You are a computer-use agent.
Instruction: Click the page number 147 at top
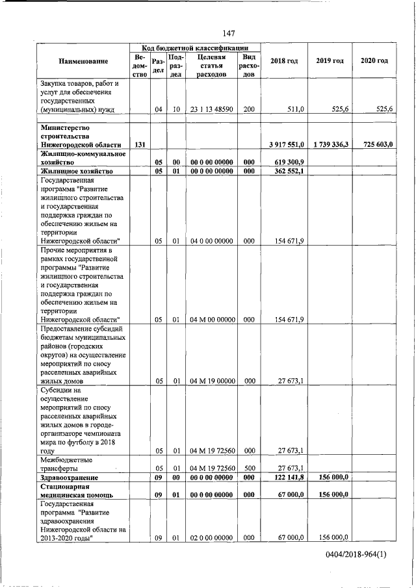click(228, 33)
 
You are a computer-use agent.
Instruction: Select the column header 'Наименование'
click(83, 61)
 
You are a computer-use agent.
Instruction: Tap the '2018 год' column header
click(283, 60)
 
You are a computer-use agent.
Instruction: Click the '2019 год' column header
click(330, 60)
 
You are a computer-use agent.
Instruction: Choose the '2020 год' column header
click(374, 60)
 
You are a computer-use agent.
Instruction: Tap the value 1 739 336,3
click(328, 144)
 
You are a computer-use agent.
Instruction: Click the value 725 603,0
click(373, 144)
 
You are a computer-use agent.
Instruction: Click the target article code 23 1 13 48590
click(212, 110)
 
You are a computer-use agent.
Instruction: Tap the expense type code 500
click(248, 468)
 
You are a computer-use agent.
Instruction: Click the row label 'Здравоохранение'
click(69, 478)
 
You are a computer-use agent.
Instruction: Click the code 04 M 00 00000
click(212, 320)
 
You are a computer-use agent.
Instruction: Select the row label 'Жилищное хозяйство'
click(76, 172)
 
